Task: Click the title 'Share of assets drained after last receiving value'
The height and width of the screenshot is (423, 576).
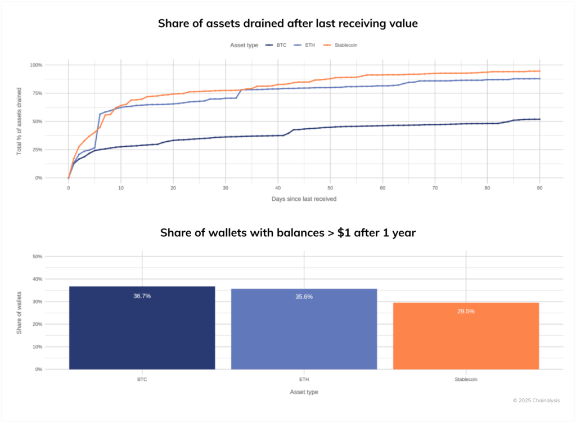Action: pyautogui.click(x=287, y=23)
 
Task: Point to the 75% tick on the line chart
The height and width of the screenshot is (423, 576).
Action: pyautogui.click(x=36, y=93)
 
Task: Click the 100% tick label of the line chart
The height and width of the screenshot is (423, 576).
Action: pyautogui.click(x=35, y=65)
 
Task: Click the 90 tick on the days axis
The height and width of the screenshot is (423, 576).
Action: pyautogui.click(x=539, y=188)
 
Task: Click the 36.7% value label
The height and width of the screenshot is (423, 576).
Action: pyautogui.click(x=142, y=296)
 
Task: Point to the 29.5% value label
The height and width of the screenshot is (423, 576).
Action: pyautogui.click(x=466, y=311)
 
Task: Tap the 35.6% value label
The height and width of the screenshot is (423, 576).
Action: pyautogui.click(x=304, y=297)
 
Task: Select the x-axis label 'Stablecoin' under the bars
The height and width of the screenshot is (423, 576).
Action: pyautogui.click(x=466, y=380)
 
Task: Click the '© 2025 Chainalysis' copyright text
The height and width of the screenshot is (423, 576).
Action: pyautogui.click(x=536, y=400)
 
